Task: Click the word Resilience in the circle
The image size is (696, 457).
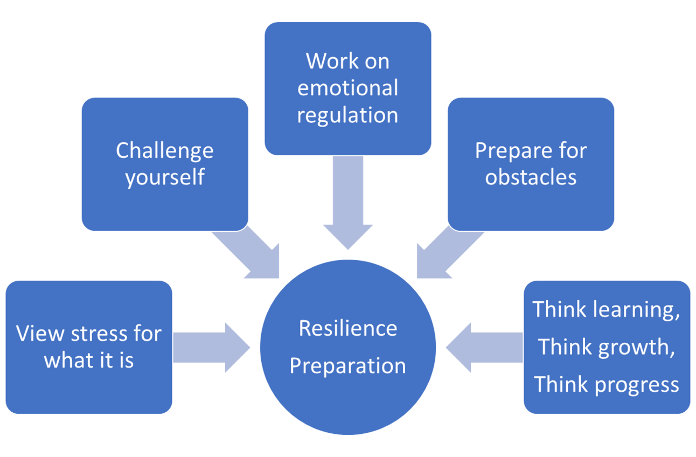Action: [x=347, y=328]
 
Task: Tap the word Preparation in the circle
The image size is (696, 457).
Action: [x=347, y=366]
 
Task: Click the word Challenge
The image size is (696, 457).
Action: [x=164, y=150]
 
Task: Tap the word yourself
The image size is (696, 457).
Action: [x=164, y=177]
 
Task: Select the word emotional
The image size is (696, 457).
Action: [x=347, y=88]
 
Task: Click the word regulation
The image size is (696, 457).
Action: [x=347, y=115]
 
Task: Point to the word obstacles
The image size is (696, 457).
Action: [x=531, y=177]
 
